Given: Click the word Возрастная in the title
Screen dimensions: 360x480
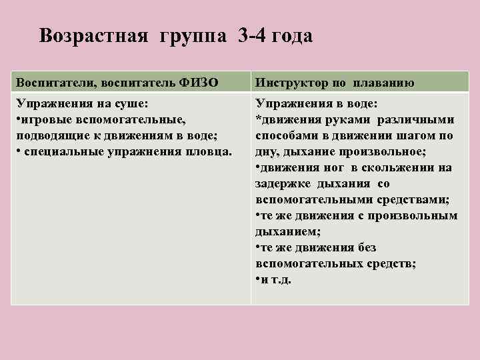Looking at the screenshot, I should [93, 35].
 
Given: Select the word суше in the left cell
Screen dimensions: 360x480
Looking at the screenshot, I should [131, 104].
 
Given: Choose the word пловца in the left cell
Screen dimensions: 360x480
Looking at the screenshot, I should [211, 151].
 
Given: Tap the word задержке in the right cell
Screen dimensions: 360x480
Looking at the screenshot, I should [281, 184].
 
